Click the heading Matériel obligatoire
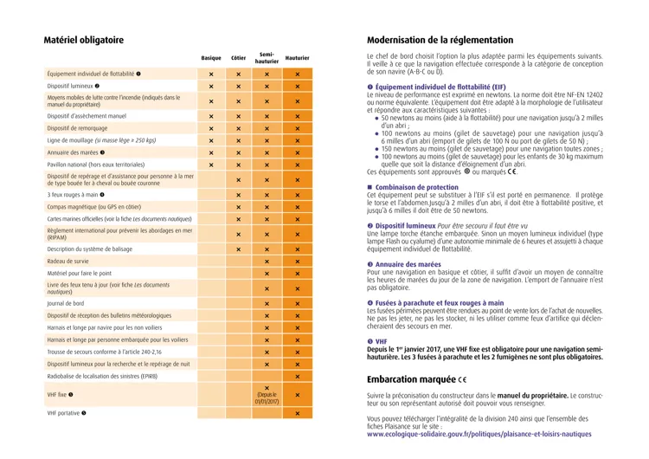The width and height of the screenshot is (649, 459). tap(84, 40)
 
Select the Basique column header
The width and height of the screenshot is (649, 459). tap(211, 58)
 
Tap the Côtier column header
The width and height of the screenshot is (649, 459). tap(239, 58)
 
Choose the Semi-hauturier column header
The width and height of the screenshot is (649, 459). tap(267, 58)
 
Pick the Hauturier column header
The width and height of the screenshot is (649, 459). tap(297, 58)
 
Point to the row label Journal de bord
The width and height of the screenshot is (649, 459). tap(67, 304)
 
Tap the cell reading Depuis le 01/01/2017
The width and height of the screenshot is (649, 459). tap(267, 396)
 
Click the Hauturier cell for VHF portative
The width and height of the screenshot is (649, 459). tap(297, 413)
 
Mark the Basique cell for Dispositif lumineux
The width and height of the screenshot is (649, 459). tap(211, 87)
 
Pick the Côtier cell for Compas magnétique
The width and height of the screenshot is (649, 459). tap(239, 207)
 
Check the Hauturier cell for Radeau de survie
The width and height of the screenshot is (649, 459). tap(297, 262)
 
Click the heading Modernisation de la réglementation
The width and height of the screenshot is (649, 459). tap(440, 40)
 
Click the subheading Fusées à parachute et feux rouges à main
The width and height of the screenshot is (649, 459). tap(438, 302)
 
